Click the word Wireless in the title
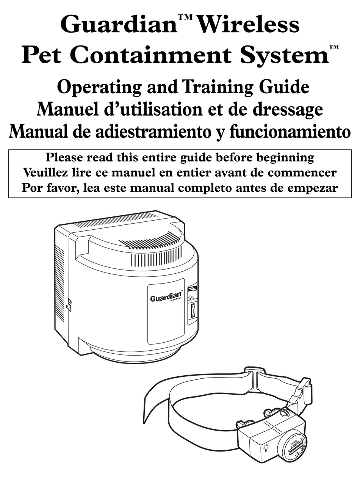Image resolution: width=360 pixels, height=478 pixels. (249, 25)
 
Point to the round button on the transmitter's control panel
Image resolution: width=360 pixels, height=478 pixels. (191, 298)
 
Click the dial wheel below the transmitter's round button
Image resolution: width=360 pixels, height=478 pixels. (193, 311)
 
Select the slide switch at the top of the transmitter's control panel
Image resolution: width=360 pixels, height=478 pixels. (192, 288)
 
